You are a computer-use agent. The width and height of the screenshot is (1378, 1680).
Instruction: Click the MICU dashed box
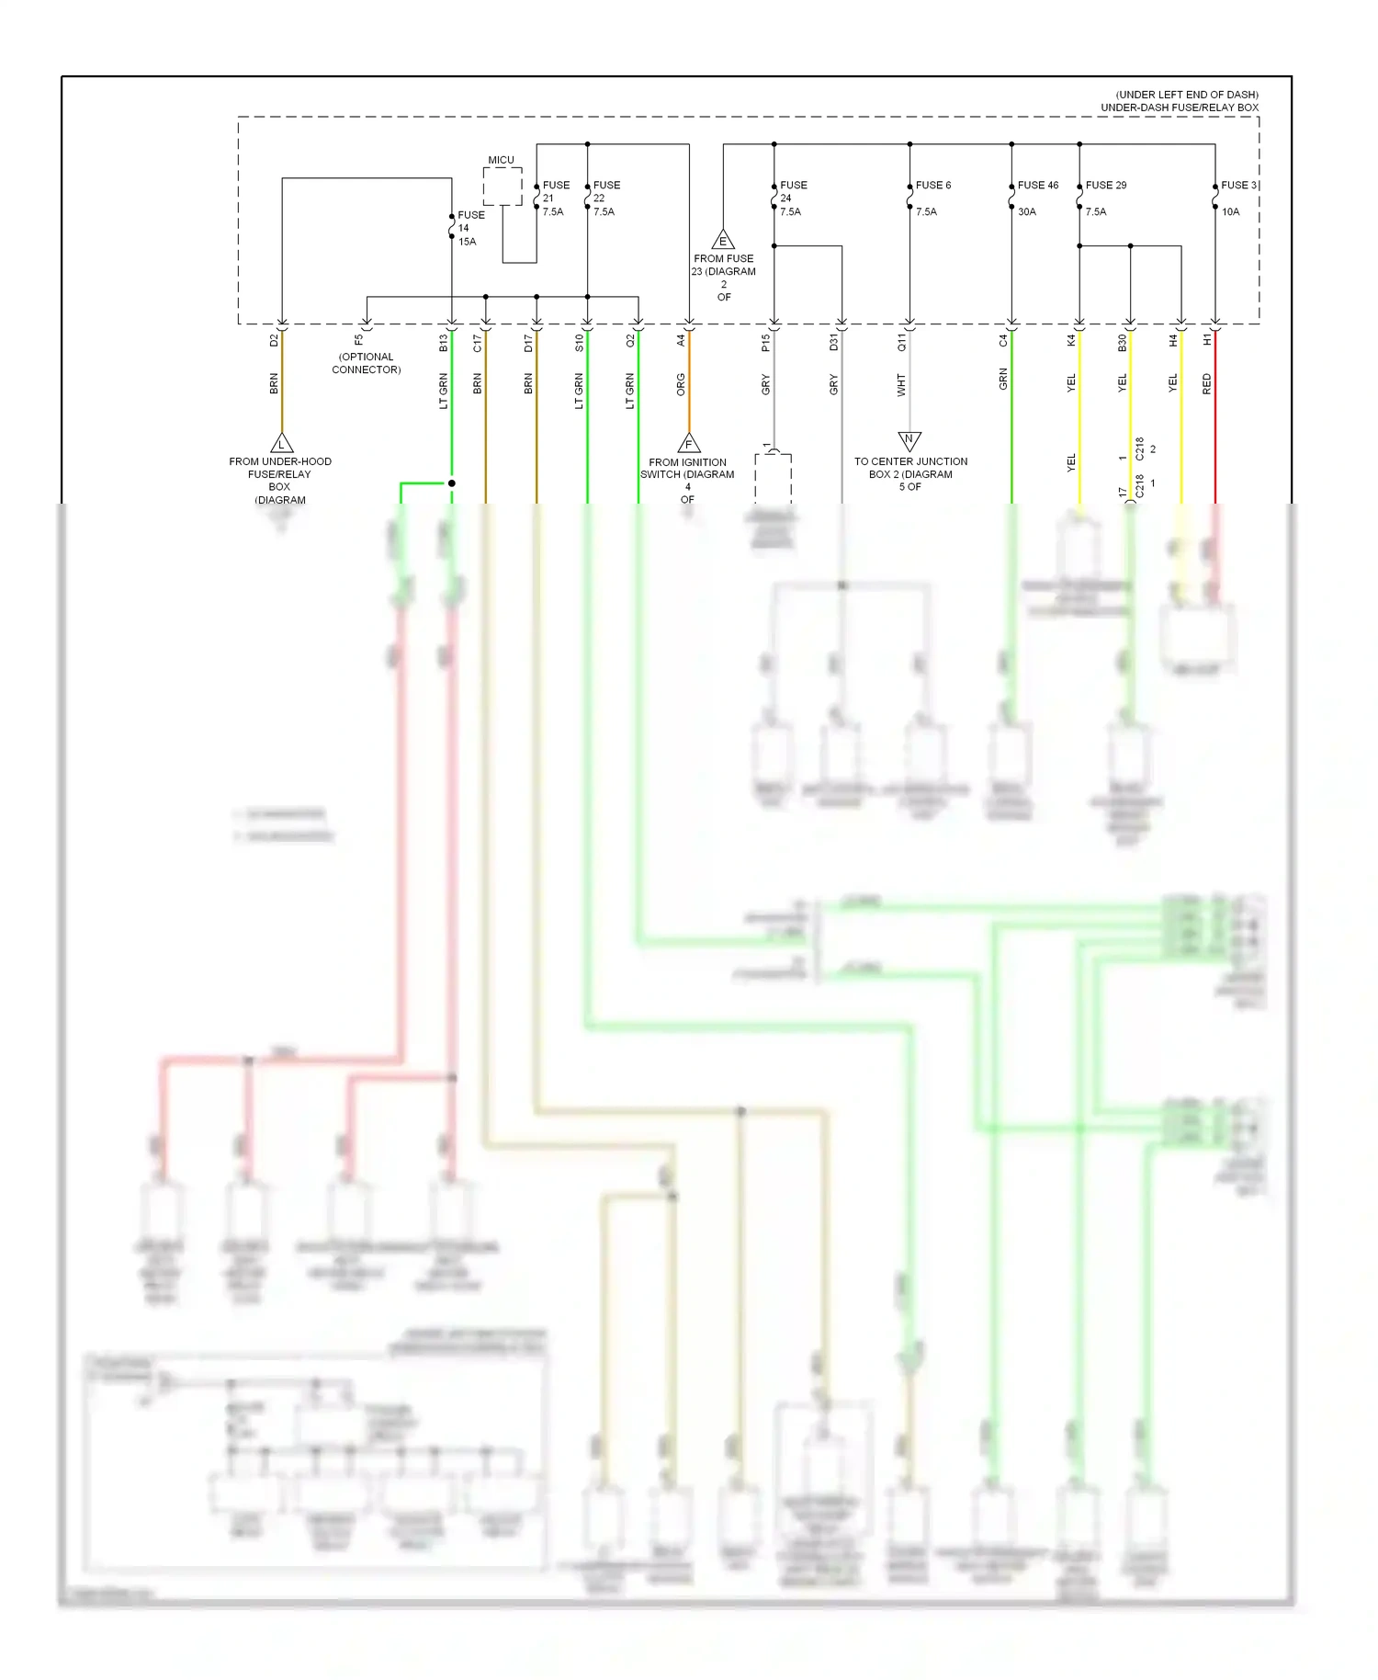click(x=502, y=187)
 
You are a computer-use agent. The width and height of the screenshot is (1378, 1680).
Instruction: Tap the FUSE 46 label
click(x=1037, y=186)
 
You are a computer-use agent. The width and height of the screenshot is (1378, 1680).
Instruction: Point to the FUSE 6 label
click(x=932, y=186)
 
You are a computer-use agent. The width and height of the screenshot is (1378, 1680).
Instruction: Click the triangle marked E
click(x=723, y=240)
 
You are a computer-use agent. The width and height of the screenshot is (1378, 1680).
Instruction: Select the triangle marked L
click(x=281, y=444)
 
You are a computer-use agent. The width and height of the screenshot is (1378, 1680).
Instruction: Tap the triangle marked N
click(x=909, y=440)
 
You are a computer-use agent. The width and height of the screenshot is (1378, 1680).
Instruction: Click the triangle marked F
click(x=688, y=444)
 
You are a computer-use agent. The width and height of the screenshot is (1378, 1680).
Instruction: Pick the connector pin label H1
click(x=1207, y=340)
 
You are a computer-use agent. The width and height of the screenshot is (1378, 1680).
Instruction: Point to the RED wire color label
click(x=1207, y=384)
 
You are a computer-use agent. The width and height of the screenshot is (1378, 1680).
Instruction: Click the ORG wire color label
click(x=681, y=384)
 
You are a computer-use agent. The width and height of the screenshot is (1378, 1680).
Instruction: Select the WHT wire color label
click(x=901, y=384)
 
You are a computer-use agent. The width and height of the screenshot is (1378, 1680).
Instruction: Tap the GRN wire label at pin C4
click(x=1003, y=379)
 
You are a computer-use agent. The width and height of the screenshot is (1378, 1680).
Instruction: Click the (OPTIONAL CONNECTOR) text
click(x=366, y=363)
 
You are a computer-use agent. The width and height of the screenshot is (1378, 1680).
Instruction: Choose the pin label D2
click(x=274, y=340)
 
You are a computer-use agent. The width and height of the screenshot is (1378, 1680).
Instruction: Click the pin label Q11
click(x=901, y=342)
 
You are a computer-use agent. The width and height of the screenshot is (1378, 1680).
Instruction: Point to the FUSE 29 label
click(x=1105, y=186)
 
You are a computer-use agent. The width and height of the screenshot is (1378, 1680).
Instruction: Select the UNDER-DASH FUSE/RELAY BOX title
click(x=1180, y=108)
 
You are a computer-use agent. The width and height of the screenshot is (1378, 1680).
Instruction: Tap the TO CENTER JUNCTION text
click(x=910, y=461)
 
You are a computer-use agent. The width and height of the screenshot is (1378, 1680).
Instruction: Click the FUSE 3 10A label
click(x=1237, y=198)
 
